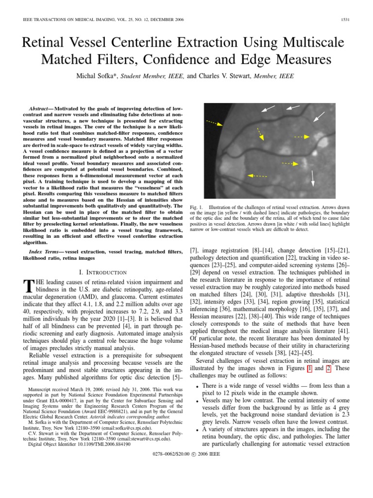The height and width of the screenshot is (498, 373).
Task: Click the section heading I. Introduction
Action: (102, 272)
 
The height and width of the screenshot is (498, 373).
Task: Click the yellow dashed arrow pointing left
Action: (257, 175)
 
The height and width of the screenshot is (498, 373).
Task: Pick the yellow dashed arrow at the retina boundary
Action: (214, 123)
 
